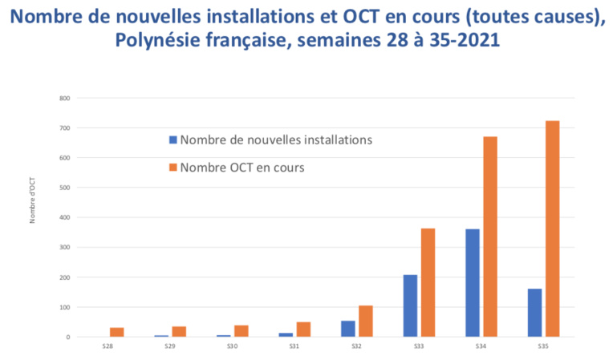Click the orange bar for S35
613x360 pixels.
click(x=553, y=229)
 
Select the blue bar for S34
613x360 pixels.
click(x=473, y=283)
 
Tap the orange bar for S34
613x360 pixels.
click(x=490, y=237)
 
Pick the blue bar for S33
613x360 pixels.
click(x=410, y=305)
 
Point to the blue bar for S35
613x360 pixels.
click(x=535, y=313)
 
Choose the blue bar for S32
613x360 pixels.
click(x=348, y=329)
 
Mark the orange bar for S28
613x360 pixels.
click(x=117, y=332)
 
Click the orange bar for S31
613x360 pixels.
click(x=304, y=330)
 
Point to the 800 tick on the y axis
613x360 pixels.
click(x=64, y=99)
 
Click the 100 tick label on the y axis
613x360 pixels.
click(x=64, y=308)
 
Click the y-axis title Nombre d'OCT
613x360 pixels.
click(x=33, y=200)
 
